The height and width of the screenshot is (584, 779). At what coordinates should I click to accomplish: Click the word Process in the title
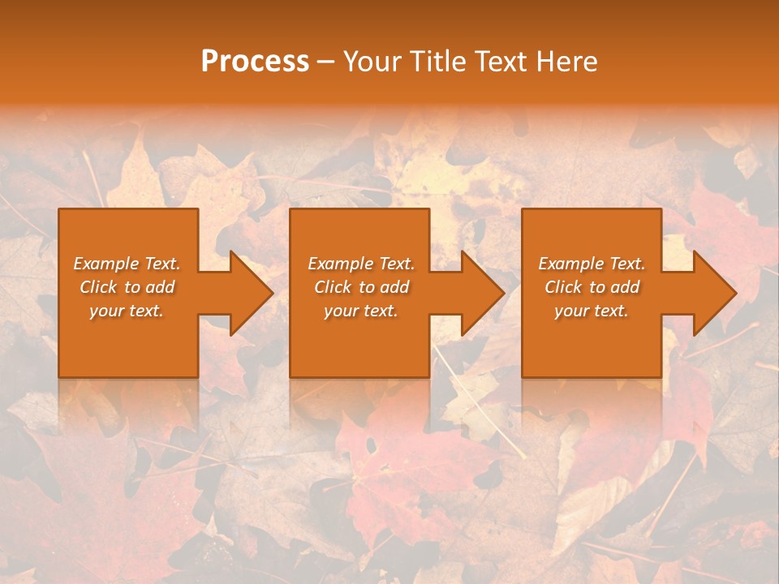(x=255, y=62)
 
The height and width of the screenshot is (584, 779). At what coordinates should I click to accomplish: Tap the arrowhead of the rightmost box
(x=709, y=293)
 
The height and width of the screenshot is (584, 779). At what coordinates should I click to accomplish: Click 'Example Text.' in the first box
(x=127, y=264)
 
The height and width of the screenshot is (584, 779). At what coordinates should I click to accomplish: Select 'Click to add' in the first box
(x=127, y=287)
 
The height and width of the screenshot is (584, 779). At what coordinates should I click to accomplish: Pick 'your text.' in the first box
(x=127, y=311)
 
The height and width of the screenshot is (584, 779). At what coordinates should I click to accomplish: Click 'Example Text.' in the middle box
(x=361, y=264)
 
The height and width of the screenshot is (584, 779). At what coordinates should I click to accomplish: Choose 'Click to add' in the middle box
(x=361, y=287)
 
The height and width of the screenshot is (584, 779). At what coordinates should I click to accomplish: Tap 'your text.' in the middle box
(x=361, y=311)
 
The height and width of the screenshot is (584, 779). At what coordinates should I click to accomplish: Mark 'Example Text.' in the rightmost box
(x=592, y=264)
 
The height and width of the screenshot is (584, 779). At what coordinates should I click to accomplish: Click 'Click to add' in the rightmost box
(x=592, y=287)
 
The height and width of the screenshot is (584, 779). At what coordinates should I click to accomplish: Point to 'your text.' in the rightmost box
(x=592, y=311)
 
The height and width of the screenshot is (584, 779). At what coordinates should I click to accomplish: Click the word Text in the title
(x=500, y=62)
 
